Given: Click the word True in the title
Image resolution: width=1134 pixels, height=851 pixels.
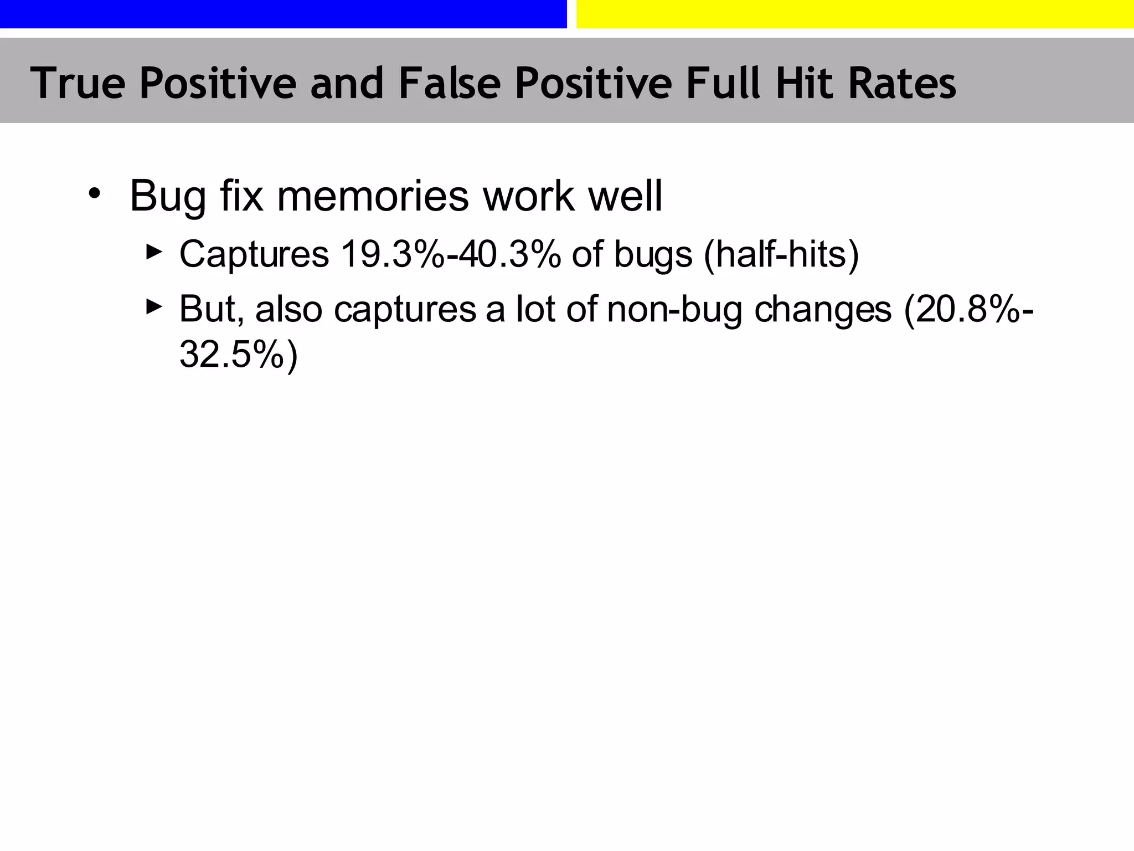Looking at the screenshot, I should coord(78,83).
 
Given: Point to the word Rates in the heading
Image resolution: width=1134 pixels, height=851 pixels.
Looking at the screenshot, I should coord(903,83).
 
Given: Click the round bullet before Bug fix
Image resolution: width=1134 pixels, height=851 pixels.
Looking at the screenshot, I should coord(95,194).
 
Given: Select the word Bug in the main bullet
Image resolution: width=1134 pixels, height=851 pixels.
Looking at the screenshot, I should coord(168,196).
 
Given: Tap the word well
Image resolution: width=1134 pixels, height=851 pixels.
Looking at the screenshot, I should coord(625,196).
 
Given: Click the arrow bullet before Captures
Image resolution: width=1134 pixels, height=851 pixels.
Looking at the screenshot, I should coord(154,252).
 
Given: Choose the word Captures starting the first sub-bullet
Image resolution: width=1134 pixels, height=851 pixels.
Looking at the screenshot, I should coord(254,254).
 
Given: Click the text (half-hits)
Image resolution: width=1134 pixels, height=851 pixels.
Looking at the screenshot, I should coord(781,254).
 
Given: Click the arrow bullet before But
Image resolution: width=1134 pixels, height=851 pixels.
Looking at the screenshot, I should coord(154,306).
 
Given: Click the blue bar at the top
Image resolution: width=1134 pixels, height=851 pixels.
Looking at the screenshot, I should coord(283,14).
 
